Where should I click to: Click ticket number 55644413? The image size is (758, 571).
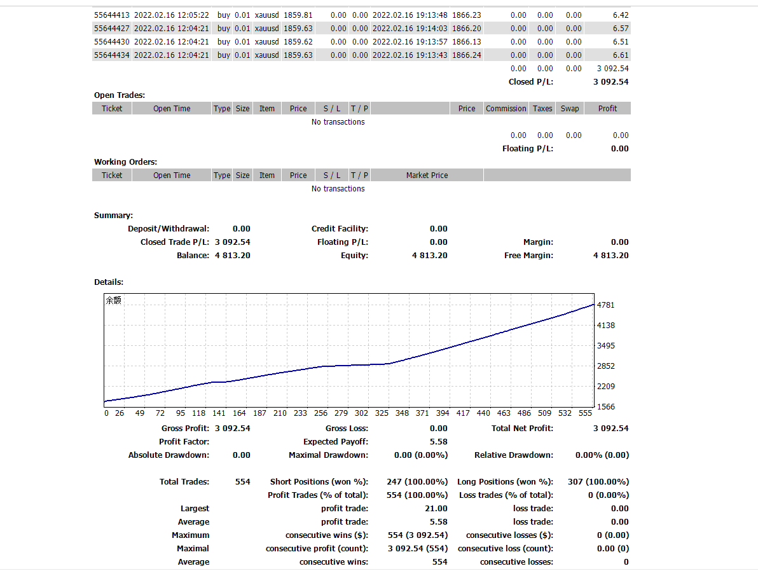pyautogui.click(x=112, y=15)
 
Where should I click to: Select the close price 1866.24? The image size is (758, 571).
pyautogui.click(x=466, y=55)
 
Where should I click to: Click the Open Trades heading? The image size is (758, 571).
pyautogui.click(x=120, y=95)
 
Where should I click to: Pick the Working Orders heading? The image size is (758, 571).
pyautogui.click(x=125, y=162)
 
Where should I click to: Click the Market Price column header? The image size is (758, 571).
pyautogui.click(x=427, y=175)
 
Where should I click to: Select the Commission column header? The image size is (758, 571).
pyautogui.click(x=506, y=109)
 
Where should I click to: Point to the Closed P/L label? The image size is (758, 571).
pyautogui.click(x=530, y=82)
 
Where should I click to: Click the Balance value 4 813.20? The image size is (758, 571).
pyautogui.click(x=233, y=256)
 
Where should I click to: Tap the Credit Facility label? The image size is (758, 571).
pyautogui.click(x=340, y=229)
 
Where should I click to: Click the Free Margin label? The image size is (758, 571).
pyautogui.click(x=528, y=256)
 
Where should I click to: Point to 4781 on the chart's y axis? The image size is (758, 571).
pyautogui.click(x=607, y=305)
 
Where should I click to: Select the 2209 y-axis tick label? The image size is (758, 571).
pyautogui.click(x=607, y=387)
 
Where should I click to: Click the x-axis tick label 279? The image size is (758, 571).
pyautogui.click(x=341, y=413)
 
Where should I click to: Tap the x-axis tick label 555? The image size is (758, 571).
pyautogui.click(x=584, y=413)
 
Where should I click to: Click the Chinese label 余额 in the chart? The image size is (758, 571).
pyautogui.click(x=113, y=301)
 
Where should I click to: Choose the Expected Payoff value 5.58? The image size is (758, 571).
pyautogui.click(x=439, y=442)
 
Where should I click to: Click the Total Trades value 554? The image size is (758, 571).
pyautogui.click(x=242, y=482)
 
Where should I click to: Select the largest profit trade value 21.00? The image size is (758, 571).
pyautogui.click(x=437, y=509)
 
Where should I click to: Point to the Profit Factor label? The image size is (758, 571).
pyautogui.click(x=184, y=442)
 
